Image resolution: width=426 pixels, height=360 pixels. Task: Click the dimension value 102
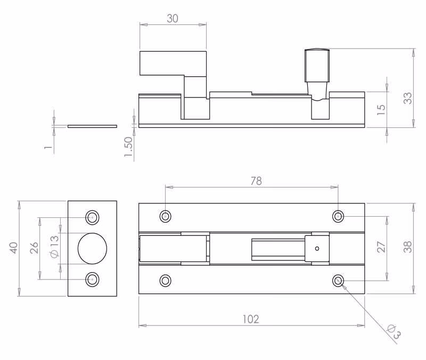tap(251, 319)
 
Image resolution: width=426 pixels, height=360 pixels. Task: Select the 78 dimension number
tap(256, 181)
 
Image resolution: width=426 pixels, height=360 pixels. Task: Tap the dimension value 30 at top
tap(173, 19)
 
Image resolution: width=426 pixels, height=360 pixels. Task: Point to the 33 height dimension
tap(407, 98)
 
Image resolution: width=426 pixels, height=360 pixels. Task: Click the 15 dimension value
tap(381, 110)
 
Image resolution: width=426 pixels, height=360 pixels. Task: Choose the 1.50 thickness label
tap(128, 147)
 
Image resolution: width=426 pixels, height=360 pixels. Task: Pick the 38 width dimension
tap(407, 247)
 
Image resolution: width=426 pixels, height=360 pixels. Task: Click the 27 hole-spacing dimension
tap(381, 247)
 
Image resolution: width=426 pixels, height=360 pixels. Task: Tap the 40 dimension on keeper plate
tap(14, 248)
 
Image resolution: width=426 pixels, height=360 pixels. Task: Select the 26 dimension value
tap(34, 248)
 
